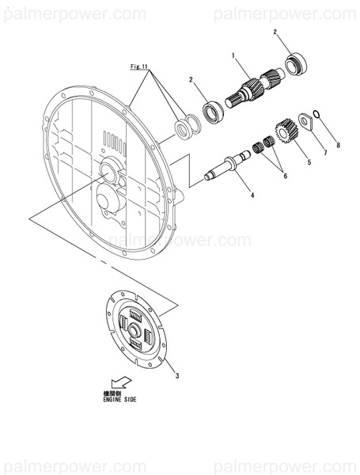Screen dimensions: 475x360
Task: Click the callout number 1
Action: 234,56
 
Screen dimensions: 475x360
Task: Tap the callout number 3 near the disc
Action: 176,375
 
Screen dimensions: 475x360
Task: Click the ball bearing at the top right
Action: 297,61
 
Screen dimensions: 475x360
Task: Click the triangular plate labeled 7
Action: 304,120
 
